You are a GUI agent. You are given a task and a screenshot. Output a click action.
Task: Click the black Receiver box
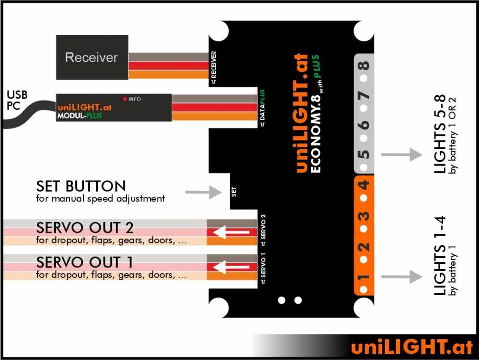pyautogui.click(x=92, y=57)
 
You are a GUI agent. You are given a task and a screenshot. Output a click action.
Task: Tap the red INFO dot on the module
pyautogui.click(x=125, y=99)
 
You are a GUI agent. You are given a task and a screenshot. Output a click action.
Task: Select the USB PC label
pyautogui.click(x=17, y=100)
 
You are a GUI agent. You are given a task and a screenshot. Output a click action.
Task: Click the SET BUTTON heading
pyautogui.click(x=81, y=186)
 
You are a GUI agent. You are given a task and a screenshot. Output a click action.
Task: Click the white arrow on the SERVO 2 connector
pyautogui.click(x=232, y=232)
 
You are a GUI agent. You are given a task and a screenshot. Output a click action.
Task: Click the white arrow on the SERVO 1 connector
pyautogui.click(x=232, y=267)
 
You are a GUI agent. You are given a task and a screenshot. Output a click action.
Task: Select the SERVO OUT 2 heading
pyautogui.click(x=84, y=227)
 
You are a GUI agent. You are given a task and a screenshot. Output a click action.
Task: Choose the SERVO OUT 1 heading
pyautogui.click(x=84, y=262)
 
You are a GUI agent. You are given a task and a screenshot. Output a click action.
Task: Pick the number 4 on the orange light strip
pyautogui.click(x=364, y=185)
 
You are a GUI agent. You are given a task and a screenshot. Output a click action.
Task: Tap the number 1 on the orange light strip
pyautogui.click(x=364, y=277)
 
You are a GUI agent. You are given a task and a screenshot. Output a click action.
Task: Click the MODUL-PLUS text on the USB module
pyautogui.click(x=80, y=116)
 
